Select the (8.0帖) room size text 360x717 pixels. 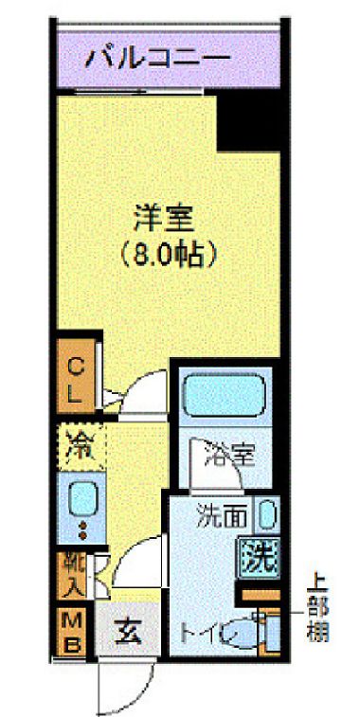pyautogui.click(x=163, y=254)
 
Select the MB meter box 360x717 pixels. pyautogui.click(x=74, y=631)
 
